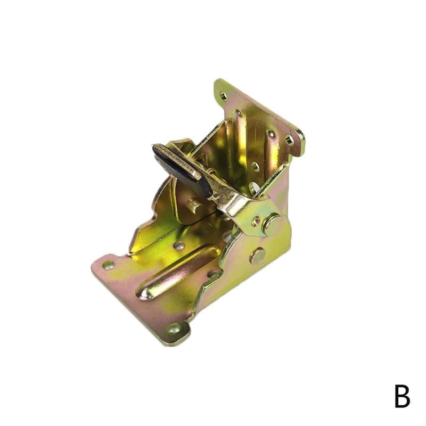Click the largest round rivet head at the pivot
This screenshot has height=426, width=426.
[x=273, y=224]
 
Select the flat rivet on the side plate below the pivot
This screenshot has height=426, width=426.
[x=258, y=257]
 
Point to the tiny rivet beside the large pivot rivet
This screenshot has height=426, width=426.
[x=256, y=220]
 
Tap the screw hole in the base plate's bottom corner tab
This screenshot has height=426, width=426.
[x=174, y=328]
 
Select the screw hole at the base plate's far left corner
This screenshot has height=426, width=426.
[x=108, y=265]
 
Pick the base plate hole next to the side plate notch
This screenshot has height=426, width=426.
[x=213, y=275]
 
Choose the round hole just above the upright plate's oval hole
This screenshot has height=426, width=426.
[x=255, y=166]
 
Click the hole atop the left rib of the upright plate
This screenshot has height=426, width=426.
[x=239, y=113]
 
